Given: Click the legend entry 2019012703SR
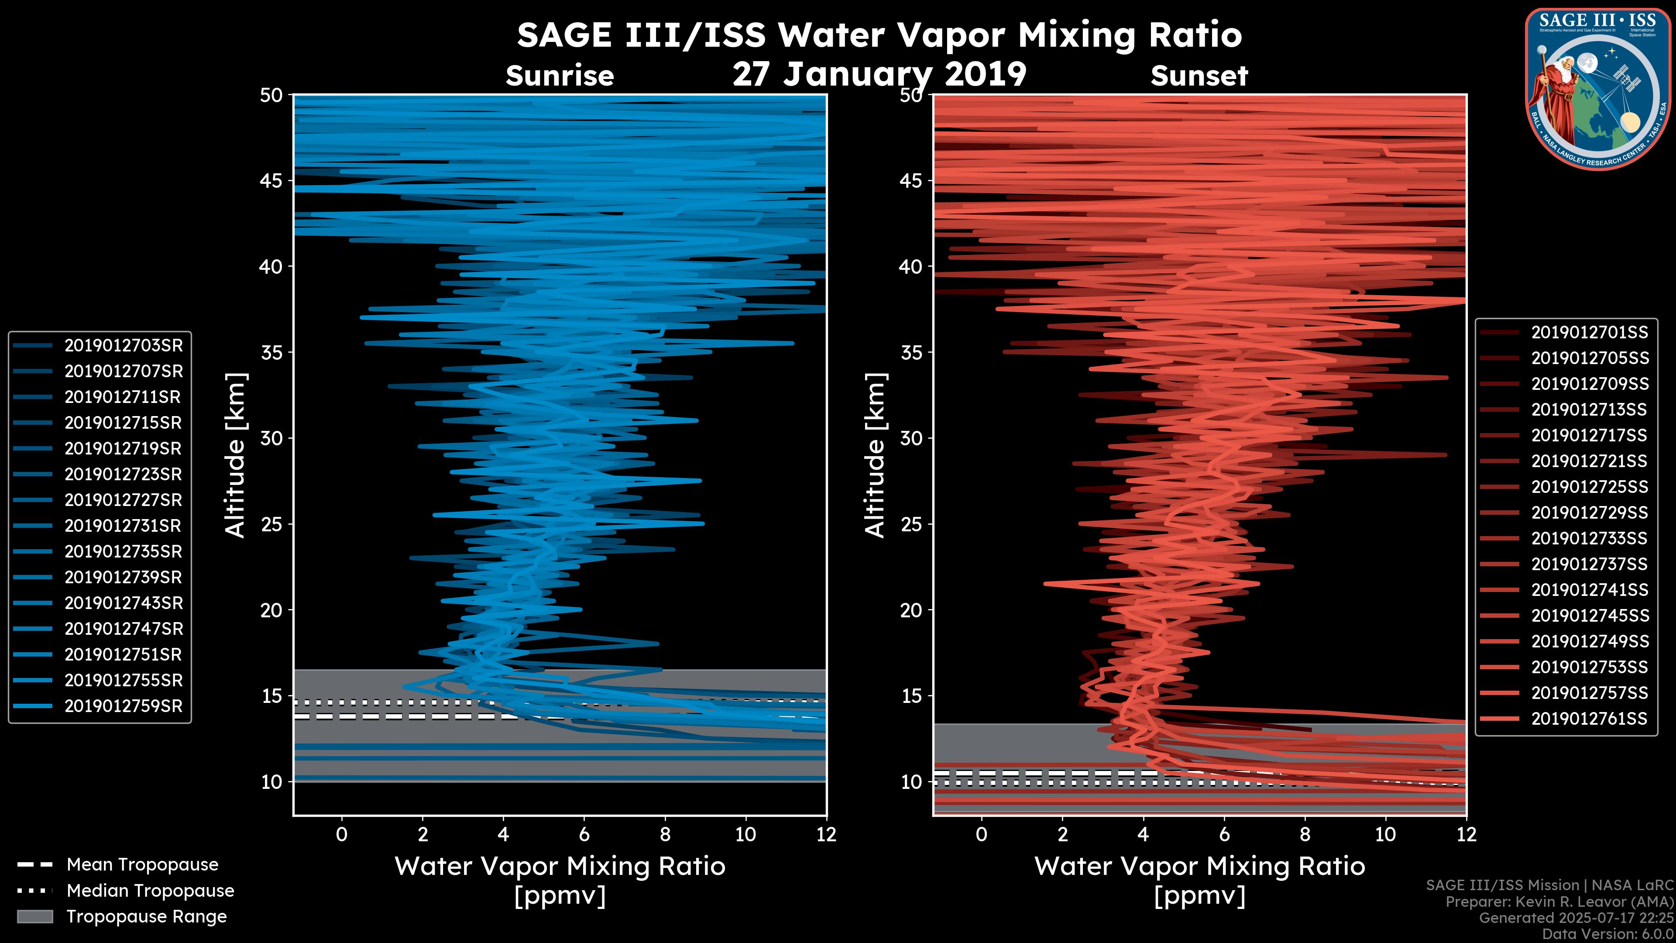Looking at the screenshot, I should pos(123,346).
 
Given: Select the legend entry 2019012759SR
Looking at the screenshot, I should pos(123,706).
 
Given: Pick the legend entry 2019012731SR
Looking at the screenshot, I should pos(123,526).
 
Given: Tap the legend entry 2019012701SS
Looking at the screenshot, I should pos(1590,333).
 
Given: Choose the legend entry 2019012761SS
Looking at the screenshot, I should pos(1590,719).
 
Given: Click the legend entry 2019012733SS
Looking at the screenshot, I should pos(1590,538).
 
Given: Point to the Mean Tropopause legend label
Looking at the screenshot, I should pos(142,865).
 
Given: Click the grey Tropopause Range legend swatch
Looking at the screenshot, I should pos(35,916).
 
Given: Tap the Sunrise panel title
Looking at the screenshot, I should pos(560,76).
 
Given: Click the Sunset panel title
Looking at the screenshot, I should pos(1199,76).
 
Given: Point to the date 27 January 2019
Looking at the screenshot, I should pos(879,74).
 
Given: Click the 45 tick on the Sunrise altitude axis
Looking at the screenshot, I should pos(271,180).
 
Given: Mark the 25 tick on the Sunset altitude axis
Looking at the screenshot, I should pos(911,524).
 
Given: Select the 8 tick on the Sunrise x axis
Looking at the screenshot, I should pos(664,834).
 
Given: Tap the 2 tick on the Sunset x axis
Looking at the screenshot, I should pos(1062,834).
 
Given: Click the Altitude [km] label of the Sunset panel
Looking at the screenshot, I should pos(875,455).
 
